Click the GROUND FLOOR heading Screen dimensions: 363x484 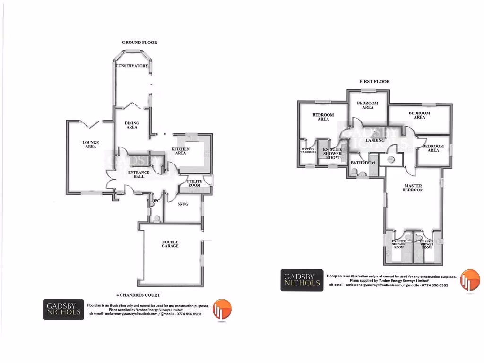click(139, 43)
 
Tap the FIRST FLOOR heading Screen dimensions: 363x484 click(374, 82)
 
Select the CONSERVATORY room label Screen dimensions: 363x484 click(132, 66)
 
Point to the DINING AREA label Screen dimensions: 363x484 click(132, 125)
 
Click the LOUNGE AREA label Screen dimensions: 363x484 click(90, 144)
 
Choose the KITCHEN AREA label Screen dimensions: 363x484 click(180, 151)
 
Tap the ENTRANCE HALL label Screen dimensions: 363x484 click(138, 174)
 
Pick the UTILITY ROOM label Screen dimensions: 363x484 click(194, 183)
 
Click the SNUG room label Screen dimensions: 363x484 click(183, 204)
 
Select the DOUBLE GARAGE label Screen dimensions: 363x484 click(170, 244)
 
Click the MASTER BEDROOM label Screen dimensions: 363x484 click(413, 188)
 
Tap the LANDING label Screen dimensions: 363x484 click(375, 140)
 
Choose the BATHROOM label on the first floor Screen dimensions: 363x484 click(363, 163)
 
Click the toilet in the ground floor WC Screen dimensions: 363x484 click(156, 218)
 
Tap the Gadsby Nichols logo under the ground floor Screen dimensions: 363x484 click(63, 310)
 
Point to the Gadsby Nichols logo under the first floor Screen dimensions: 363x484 click(302, 280)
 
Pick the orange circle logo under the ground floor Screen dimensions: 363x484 click(222, 310)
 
